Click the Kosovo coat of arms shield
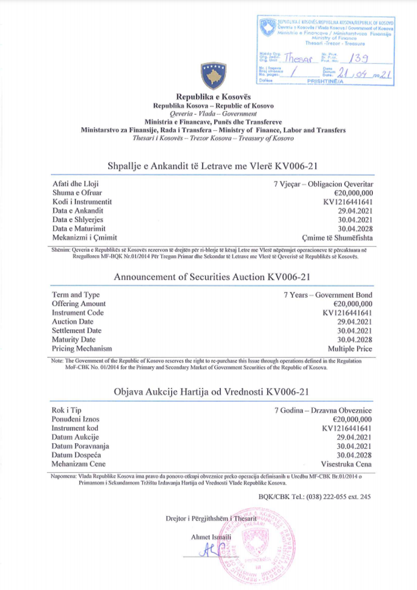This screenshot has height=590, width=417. tap(213, 76)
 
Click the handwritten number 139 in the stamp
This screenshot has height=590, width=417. tap(359, 58)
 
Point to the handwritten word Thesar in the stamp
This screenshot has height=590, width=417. tap(298, 58)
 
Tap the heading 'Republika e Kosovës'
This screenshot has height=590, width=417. tap(213, 97)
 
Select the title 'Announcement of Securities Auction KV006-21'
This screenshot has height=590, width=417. tap(212, 277)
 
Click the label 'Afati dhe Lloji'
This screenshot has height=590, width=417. tap(76, 184)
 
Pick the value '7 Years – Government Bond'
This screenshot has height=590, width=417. tap(328, 295)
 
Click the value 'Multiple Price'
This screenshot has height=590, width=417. tap(350, 349)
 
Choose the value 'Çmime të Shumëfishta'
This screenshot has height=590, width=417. tap(337, 238)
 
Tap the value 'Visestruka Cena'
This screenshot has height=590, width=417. tap(346, 464)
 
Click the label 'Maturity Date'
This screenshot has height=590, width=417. tap(74, 339)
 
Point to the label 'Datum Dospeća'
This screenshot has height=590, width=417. tap(76, 455)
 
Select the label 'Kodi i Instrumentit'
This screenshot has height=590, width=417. tap(82, 202)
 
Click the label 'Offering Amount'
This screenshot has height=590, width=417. tap(79, 304)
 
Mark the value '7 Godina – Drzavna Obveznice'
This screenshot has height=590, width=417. tap(323, 410)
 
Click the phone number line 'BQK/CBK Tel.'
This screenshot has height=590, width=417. tap(314, 496)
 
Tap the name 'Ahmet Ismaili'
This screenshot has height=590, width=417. tap(211, 537)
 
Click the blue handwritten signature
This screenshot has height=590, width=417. tap(211, 550)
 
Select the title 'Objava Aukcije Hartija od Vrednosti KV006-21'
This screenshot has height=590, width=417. tap(211, 392)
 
